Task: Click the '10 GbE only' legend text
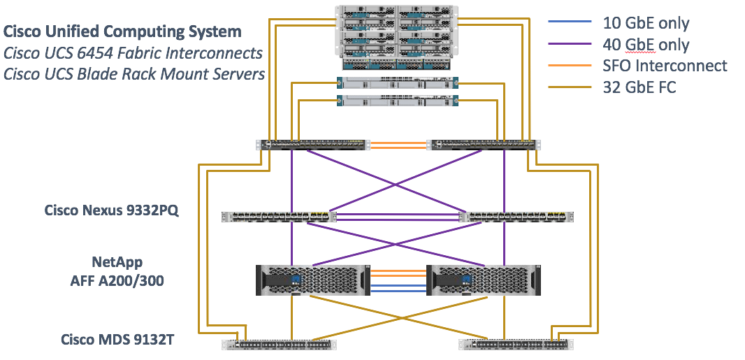pyautogui.click(x=646, y=23)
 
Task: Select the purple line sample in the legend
pyautogui.click(x=568, y=45)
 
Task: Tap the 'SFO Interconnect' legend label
pyautogui.click(x=665, y=66)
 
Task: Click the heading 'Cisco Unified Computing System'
pyautogui.click(x=123, y=31)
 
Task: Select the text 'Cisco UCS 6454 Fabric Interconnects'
pyautogui.click(x=133, y=52)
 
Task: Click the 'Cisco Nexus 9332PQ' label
pyautogui.click(x=112, y=210)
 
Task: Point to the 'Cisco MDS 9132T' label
pyautogui.click(x=117, y=340)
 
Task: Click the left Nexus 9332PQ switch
pyautogui.click(x=279, y=217)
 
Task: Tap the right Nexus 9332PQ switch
pyautogui.click(x=516, y=217)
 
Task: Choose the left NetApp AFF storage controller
pyautogui.click(x=312, y=280)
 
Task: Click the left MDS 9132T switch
pyautogui.click(x=280, y=344)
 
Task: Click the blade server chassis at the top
pyautogui.click(x=397, y=35)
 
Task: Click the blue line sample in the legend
pyautogui.click(x=568, y=23)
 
